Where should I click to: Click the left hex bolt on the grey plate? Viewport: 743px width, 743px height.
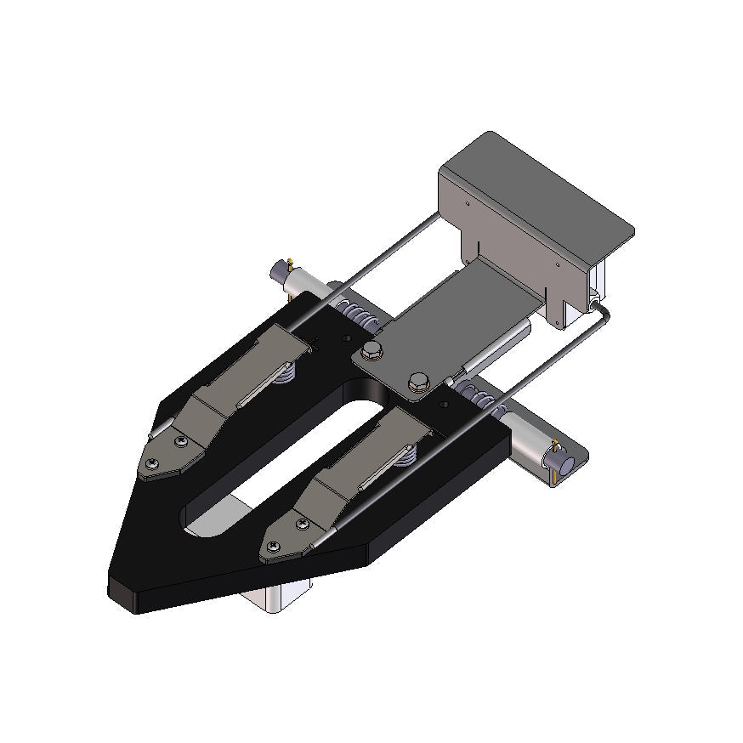371,351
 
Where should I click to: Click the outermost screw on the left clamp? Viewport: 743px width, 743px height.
150,462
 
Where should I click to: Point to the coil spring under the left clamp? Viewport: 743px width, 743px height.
286,372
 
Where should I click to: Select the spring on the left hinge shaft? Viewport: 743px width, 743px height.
357,315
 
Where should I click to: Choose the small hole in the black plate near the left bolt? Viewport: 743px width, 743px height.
345,338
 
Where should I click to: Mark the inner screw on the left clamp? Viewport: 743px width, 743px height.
180,441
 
